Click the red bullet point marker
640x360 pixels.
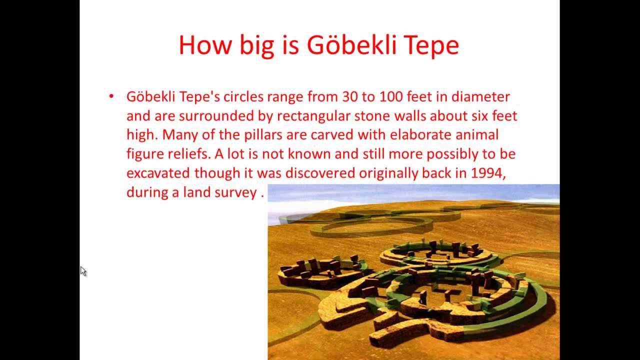coord(111,96)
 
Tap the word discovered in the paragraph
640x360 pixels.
coord(322,173)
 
